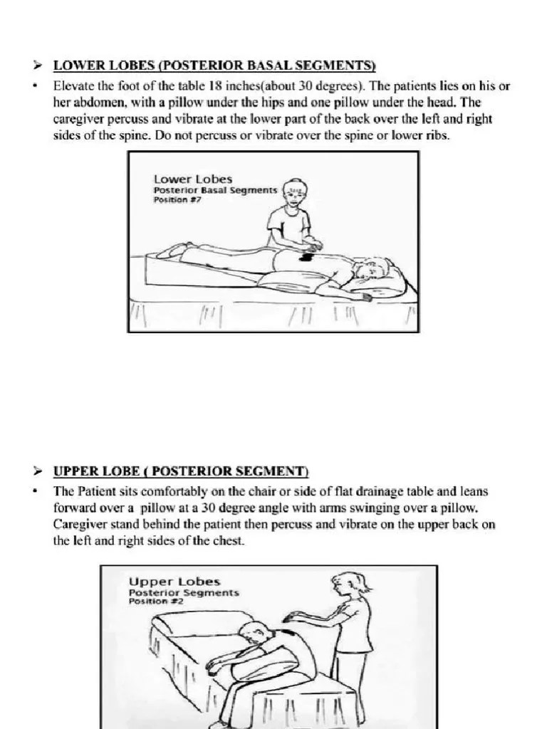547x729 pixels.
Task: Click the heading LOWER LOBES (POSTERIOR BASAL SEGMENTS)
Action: pos(214,66)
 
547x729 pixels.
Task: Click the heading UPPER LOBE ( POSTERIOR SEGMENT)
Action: pos(181,471)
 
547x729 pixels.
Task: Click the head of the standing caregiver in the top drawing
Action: pos(293,192)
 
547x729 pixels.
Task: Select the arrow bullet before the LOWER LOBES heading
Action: pos(40,66)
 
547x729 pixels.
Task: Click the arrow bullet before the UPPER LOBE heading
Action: pos(40,471)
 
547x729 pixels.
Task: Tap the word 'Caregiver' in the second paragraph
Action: pos(85,525)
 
